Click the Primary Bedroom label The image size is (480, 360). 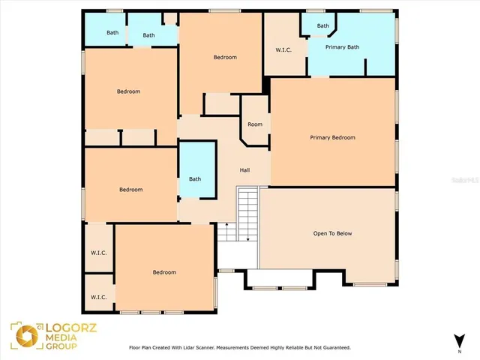[332, 138]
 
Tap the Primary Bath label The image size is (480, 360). [342, 47]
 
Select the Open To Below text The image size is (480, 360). [332, 233]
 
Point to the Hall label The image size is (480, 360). [244, 170]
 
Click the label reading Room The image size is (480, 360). [255, 124]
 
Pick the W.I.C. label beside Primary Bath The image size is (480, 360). [283, 51]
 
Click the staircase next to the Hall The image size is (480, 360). [247, 215]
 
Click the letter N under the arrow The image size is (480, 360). [459, 351]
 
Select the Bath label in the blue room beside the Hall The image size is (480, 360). [195, 178]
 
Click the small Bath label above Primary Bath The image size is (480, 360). [322, 26]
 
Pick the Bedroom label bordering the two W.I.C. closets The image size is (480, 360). [164, 272]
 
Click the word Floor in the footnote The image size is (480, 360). [136, 348]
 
